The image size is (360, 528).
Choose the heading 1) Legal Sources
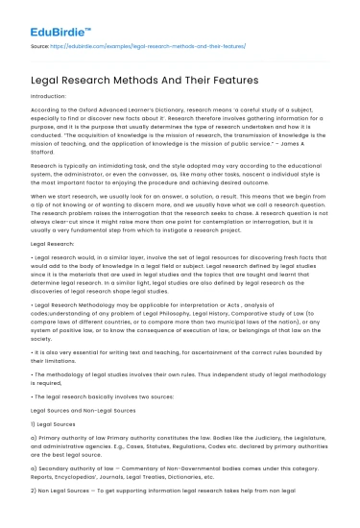coord(57,452)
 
